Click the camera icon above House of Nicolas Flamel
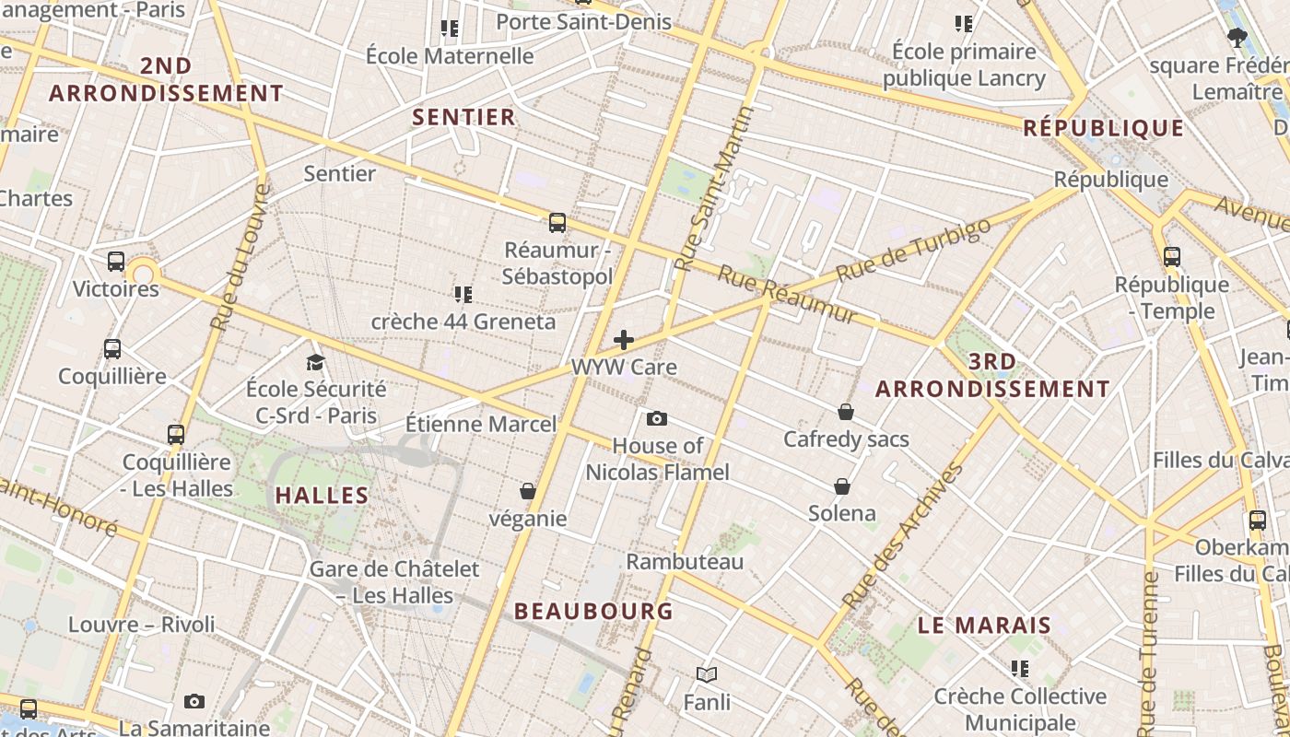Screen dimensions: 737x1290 (656, 419)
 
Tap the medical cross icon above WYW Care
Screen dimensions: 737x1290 (624, 340)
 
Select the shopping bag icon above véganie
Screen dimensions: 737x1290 (528, 491)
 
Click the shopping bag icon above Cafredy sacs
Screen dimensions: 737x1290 (846, 412)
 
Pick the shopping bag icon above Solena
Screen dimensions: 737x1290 (842, 485)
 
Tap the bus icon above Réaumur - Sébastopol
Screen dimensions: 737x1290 (557, 222)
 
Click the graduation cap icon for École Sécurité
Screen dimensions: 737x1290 (316, 362)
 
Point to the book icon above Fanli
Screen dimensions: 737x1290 (707, 675)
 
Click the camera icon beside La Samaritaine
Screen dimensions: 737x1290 (193, 702)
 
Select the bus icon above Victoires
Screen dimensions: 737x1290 (115, 261)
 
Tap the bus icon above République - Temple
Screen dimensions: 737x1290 (1172, 256)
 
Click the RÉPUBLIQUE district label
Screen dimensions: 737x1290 (1104, 128)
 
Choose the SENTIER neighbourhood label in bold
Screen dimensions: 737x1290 (463, 117)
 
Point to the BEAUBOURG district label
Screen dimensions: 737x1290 (593, 611)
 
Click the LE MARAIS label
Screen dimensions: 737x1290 (984, 626)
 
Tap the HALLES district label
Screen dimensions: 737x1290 (322, 495)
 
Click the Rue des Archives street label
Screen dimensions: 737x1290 (903, 535)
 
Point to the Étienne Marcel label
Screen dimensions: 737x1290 (481, 424)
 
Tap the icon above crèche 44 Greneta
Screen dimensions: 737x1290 (463, 294)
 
